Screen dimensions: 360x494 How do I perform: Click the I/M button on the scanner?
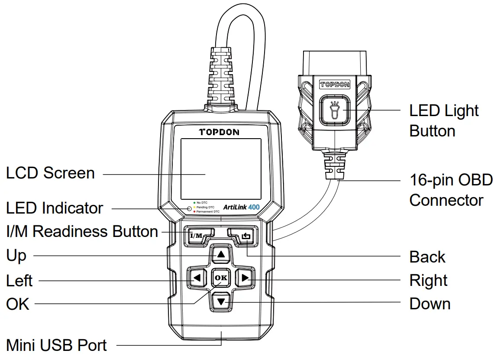(x=197, y=236)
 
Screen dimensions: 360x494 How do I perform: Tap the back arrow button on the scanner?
(x=245, y=236)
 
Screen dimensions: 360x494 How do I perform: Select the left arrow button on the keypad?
(x=197, y=278)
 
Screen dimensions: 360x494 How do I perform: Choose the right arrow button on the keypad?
(x=245, y=278)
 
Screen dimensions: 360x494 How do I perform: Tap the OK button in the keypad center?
(x=221, y=278)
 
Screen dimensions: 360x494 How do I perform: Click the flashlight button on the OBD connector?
(x=335, y=110)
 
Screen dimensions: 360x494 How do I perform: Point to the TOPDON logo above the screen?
(x=219, y=132)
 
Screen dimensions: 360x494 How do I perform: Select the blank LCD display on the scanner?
(x=221, y=169)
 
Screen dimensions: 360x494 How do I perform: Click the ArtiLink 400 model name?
(x=241, y=207)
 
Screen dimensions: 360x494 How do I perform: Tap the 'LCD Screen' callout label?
(x=50, y=173)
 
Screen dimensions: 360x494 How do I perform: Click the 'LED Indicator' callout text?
(x=55, y=208)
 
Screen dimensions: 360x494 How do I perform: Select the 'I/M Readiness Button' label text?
(x=82, y=232)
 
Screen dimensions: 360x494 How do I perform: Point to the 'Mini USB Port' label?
(x=56, y=346)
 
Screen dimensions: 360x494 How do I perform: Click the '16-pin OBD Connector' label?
(x=450, y=190)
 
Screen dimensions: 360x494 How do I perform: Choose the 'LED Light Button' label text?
(x=444, y=121)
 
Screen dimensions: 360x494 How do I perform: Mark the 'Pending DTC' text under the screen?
(x=205, y=207)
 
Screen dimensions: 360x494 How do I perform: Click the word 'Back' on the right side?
(x=427, y=257)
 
